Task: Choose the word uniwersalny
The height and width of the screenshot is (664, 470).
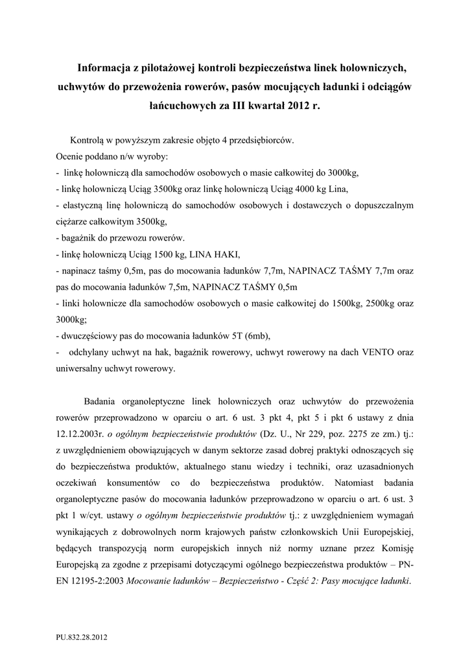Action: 80,369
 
